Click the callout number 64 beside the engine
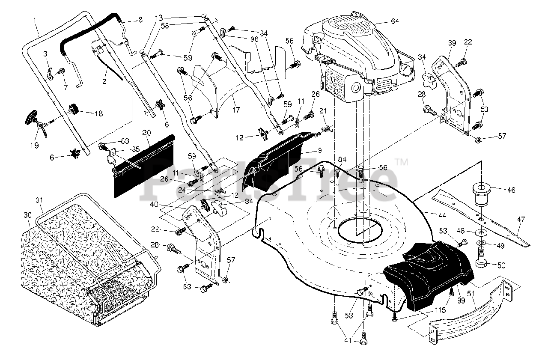point(395,21)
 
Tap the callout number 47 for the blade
point(521,219)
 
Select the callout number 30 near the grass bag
point(28,215)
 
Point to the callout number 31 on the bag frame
point(39,200)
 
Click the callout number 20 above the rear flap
point(146,133)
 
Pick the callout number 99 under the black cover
point(461,300)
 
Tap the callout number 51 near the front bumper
point(471,293)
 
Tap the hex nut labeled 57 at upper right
point(479,140)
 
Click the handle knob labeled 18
point(73,109)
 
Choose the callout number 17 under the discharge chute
point(236,110)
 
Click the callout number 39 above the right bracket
point(452,43)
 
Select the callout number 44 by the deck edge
point(442,215)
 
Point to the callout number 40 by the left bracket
point(154,204)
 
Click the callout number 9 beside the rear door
point(320,150)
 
